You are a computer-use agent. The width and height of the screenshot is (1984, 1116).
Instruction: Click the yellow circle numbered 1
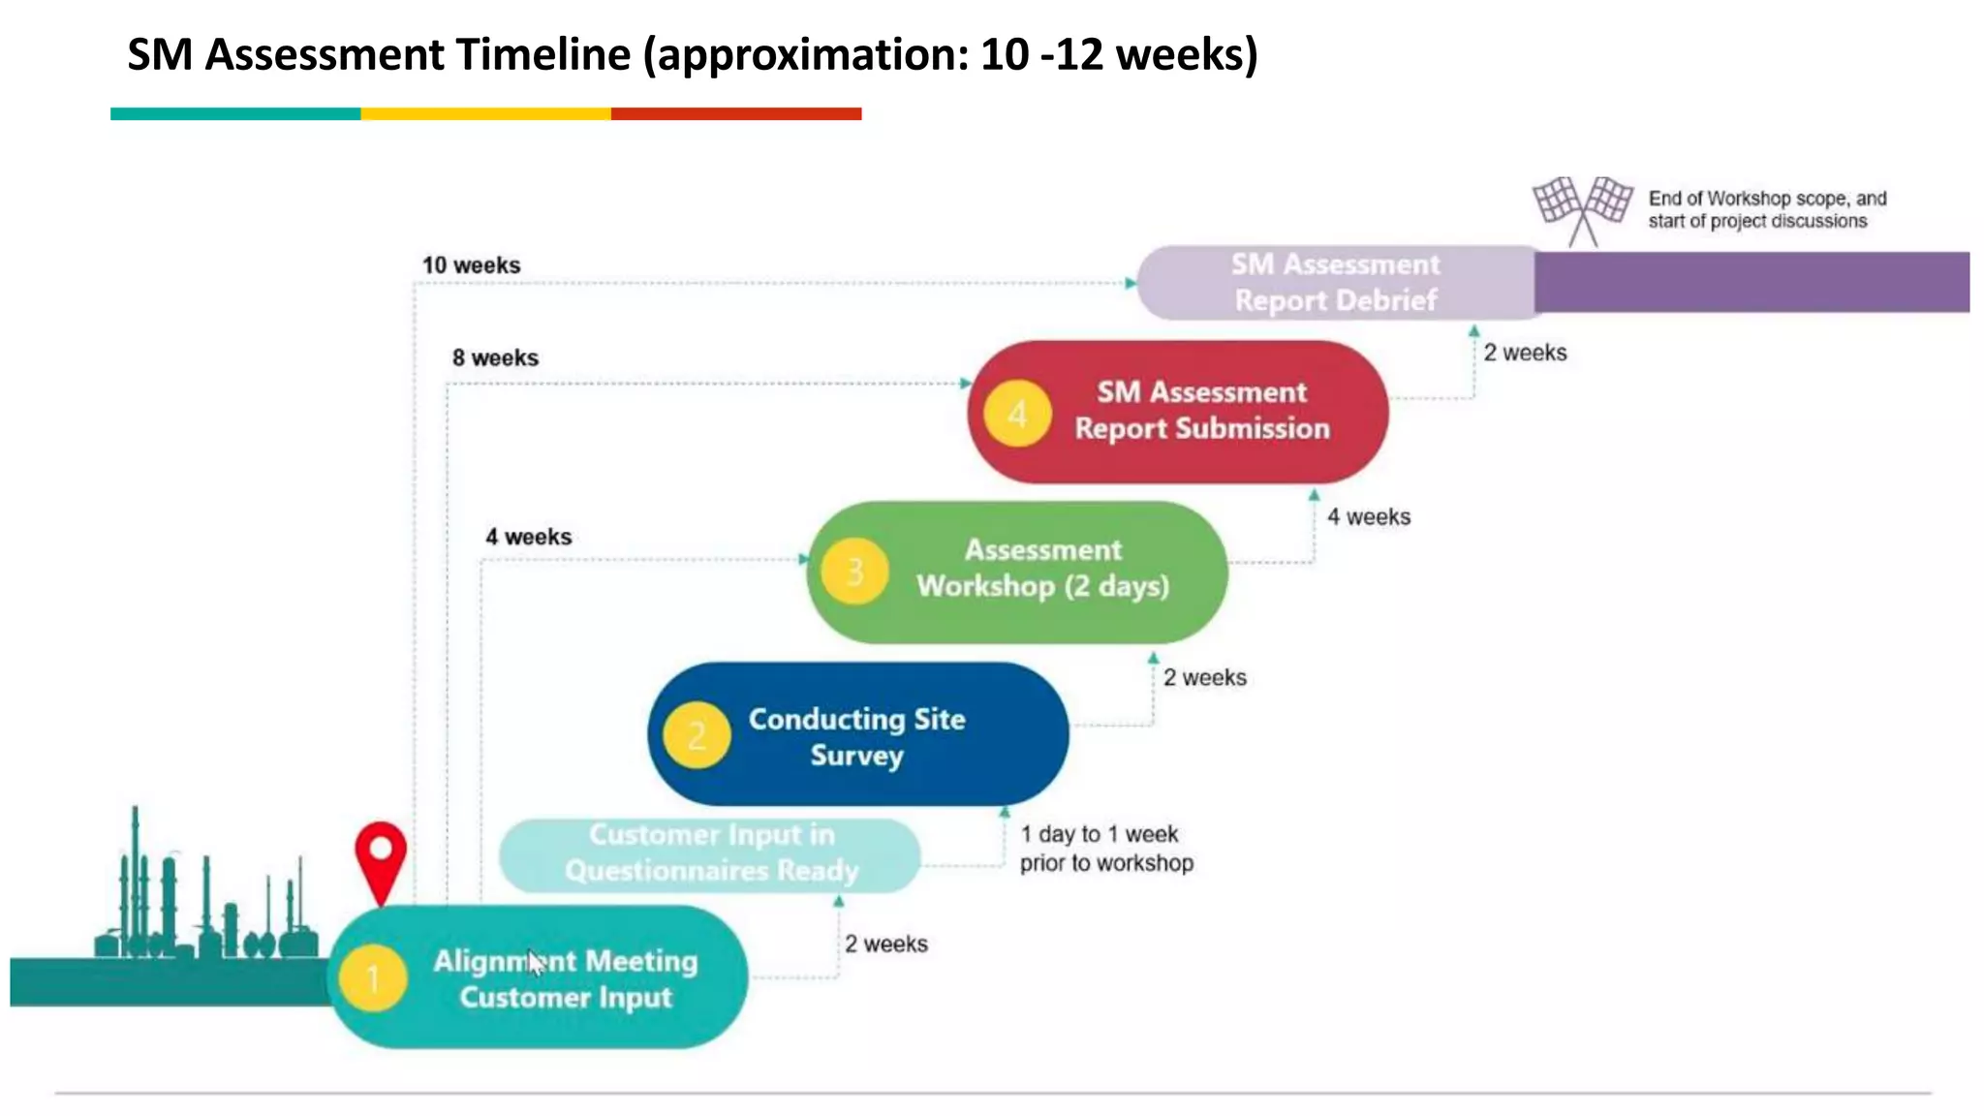[x=373, y=978]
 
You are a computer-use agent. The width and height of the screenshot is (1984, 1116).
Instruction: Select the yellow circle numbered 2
[x=697, y=735]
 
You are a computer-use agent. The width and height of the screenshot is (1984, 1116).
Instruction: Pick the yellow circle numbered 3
[x=854, y=572]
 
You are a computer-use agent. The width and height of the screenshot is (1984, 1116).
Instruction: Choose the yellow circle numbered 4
[x=1016, y=414]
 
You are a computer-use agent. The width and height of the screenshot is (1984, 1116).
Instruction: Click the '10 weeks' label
[x=471, y=265]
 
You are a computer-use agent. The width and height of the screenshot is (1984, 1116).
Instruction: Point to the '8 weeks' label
[x=495, y=358]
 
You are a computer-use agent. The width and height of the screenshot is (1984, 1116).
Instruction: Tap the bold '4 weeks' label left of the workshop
[x=528, y=537]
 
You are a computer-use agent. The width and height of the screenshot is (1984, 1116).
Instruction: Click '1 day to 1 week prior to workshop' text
[x=1105, y=849]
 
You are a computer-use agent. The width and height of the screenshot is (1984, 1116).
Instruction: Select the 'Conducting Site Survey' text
[x=856, y=736]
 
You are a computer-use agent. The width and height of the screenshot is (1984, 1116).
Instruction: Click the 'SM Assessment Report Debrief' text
[x=1335, y=282]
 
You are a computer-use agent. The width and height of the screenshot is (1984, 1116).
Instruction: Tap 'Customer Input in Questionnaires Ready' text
[x=711, y=852]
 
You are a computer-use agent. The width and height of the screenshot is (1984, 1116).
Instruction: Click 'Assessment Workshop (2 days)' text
[x=1042, y=568]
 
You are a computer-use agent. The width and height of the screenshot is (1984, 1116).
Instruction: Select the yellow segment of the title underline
[x=485, y=114]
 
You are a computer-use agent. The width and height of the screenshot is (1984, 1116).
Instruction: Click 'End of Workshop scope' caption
[x=1766, y=209]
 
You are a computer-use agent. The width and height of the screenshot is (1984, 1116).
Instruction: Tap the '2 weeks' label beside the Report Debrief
[x=1525, y=353]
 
